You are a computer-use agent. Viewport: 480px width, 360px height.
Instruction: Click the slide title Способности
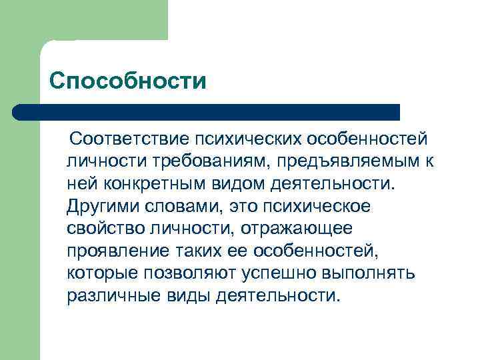(x=128, y=82)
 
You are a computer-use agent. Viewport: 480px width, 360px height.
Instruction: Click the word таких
(x=197, y=250)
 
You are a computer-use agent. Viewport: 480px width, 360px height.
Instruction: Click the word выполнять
(x=368, y=273)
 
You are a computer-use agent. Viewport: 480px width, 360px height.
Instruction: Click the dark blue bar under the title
(x=207, y=112)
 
